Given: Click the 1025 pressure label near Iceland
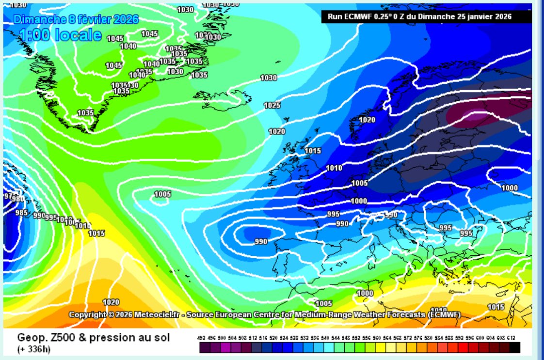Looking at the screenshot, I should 272,105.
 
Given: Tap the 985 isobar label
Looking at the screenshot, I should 21,212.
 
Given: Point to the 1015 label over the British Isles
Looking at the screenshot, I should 313,151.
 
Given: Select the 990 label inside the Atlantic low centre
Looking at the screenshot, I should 261,241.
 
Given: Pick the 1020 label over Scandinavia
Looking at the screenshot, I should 367,120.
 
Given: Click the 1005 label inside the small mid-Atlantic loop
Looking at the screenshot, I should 163,194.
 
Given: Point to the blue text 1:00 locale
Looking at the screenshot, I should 61,35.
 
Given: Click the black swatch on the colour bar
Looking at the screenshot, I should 515,347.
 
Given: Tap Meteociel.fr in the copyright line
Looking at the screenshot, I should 158,314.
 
